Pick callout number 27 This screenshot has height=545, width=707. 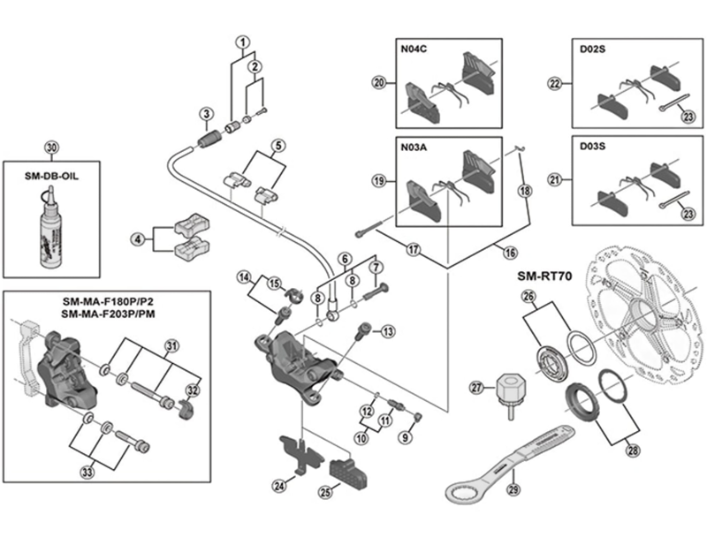coord(478,387)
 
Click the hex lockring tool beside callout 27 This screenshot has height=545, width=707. coord(510,391)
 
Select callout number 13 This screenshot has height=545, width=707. coord(388,331)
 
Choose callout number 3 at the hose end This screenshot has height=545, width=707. coord(206,114)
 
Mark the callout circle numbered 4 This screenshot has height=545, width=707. coord(138,238)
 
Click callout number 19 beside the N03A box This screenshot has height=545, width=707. coord(379,181)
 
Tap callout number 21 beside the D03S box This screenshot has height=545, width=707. coord(556,181)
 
